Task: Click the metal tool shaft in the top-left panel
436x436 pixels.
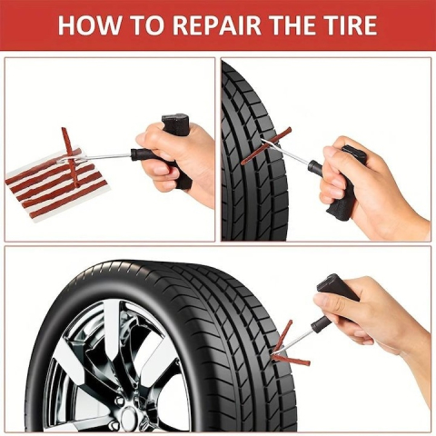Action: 104,157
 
